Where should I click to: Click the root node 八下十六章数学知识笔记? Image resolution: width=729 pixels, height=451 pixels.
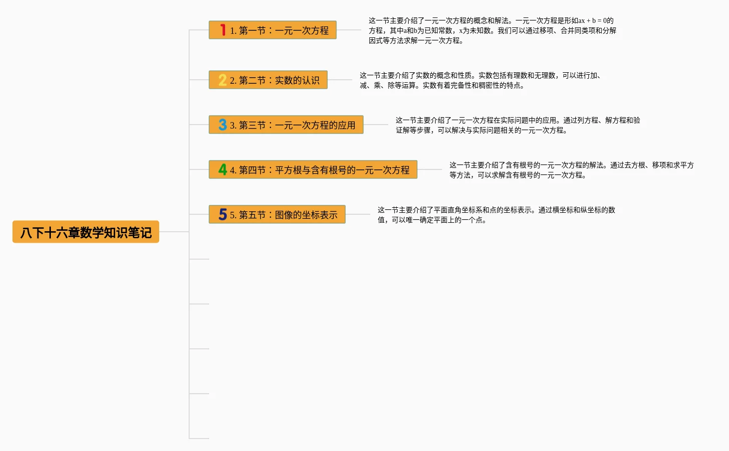click(x=86, y=232)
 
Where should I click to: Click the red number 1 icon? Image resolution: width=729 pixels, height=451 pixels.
click(x=223, y=30)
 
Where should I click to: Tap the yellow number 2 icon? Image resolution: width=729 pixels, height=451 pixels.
click(x=223, y=80)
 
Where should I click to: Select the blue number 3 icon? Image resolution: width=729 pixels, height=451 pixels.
click(x=223, y=125)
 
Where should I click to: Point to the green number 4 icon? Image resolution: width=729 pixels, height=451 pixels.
click(x=223, y=170)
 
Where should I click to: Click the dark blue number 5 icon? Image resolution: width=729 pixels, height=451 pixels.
click(x=223, y=215)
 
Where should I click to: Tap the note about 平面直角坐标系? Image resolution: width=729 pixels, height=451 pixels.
click(x=496, y=215)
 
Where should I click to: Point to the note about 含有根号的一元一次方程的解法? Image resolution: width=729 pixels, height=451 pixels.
click(x=571, y=170)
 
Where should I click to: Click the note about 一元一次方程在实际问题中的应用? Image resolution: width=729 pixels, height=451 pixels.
click(x=517, y=125)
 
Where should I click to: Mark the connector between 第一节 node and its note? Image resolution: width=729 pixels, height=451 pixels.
click(x=349, y=30)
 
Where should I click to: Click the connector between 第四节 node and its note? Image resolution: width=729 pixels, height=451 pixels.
click(x=430, y=169)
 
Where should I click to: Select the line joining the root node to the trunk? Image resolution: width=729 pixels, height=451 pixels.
click(x=174, y=232)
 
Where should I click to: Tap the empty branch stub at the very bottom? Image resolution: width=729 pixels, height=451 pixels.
click(x=199, y=439)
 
